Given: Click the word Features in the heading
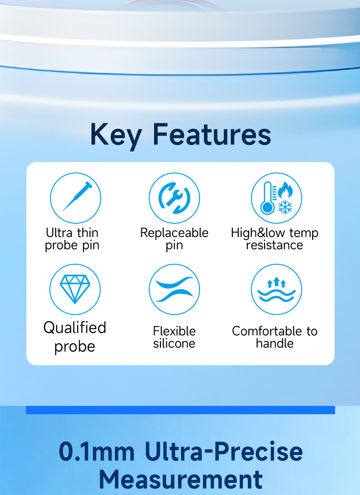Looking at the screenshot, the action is click(x=212, y=134).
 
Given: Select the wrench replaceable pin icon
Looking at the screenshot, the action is click(x=174, y=198).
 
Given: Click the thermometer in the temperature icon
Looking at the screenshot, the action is click(x=268, y=198).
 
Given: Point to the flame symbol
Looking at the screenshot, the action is click(x=286, y=190).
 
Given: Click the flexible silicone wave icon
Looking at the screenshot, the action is click(x=174, y=289).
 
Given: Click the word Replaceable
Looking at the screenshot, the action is click(x=174, y=233).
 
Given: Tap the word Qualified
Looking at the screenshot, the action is click(x=75, y=328).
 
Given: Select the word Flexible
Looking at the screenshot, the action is click(x=174, y=331).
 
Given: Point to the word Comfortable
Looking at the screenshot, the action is click(x=267, y=331).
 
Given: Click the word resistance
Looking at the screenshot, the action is click(x=274, y=245).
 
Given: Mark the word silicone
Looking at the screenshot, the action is click(x=174, y=343).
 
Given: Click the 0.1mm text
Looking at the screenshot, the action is click(x=96, y=452).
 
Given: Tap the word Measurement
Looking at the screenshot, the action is click(x=181, y=479).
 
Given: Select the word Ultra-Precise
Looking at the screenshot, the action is click(x=224, y=451).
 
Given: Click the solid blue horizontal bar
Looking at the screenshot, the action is click(x=180, y=410).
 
